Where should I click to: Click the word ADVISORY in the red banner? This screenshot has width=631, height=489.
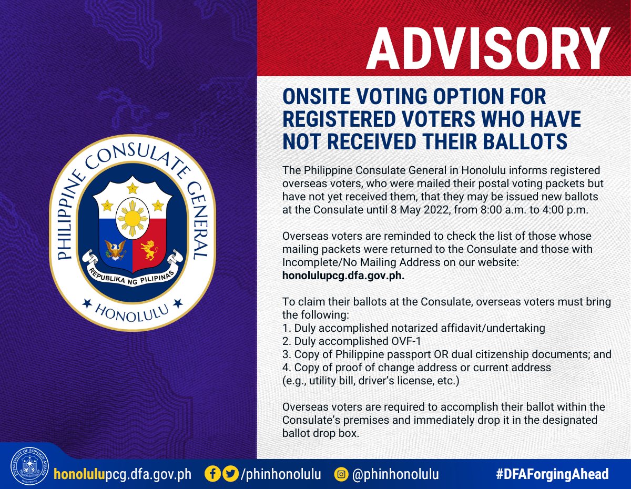tap(488, 49)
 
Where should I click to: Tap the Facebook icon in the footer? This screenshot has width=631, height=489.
tap(213, 474)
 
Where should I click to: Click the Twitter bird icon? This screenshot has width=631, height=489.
tap(230, 474)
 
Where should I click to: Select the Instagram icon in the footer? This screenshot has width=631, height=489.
tap(341, 474)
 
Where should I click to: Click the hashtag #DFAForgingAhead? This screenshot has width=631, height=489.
tap(552, 474)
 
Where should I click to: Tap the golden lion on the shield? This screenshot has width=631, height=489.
tap(149, 250)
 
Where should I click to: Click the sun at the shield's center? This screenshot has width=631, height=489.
tap(133, 218)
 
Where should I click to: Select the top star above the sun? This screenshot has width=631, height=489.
tap(133, 188)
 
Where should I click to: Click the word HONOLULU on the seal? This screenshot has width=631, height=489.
tap(132, 313)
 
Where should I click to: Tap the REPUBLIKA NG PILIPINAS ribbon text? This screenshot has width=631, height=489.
tap(132, 277)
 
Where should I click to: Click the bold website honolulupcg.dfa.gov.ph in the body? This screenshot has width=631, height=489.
tap(343, 276)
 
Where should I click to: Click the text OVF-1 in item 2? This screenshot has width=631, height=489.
tap(406, 341)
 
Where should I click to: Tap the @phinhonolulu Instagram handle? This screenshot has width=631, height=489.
tap(395, 474)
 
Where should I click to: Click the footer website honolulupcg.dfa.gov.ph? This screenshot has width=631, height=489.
tap(123, 474)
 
